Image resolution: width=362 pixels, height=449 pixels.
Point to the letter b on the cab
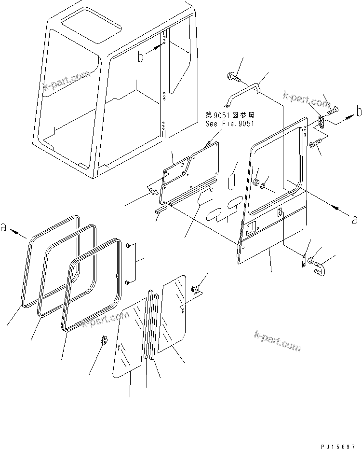pyautogui.click(x=141, y=57)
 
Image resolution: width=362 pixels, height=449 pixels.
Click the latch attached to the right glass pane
pyautogui.click(x=196, y=290)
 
